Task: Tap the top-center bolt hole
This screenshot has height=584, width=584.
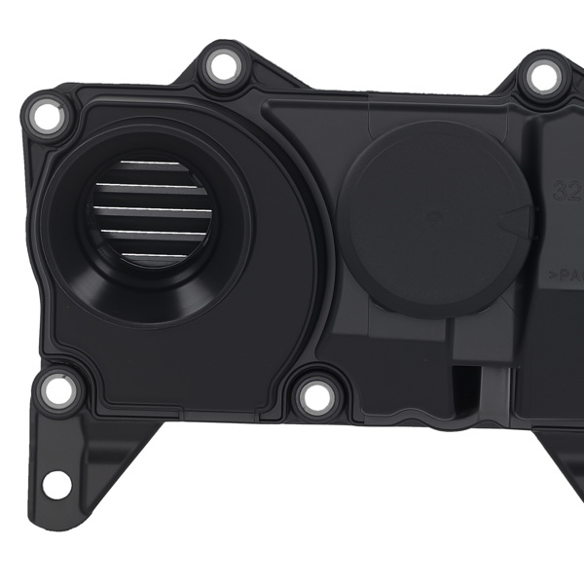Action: pyautogui.click(x=223, y=66)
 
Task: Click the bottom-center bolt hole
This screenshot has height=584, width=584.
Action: pyautogui.click(x=315, y=396)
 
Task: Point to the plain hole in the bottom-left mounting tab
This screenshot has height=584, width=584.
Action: pyautogui.click(x=56, y=481)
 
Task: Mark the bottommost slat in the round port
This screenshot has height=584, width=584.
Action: pyautogui.click(x=154, y=254)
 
